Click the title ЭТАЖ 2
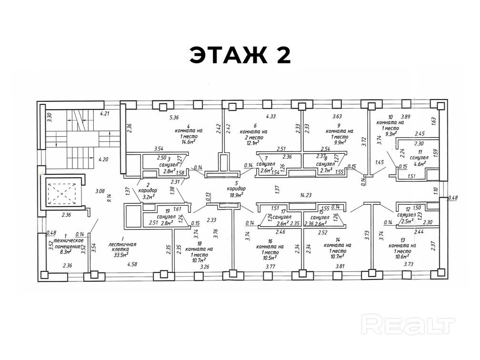(240, 55)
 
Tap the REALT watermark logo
(408, 325)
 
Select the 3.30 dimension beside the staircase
(49, 115)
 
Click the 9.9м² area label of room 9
(340, 142)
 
